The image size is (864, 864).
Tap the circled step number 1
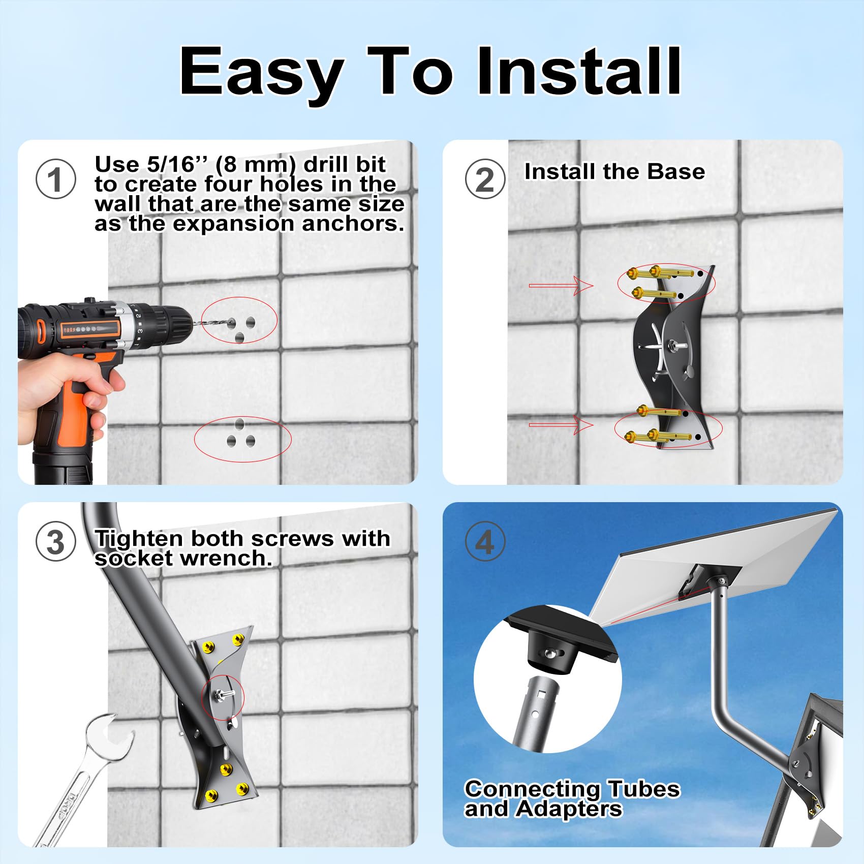point(56,179)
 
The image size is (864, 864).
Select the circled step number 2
point(485,179)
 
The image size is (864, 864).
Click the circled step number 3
point(56,541)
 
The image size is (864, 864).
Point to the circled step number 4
point(485,541)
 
